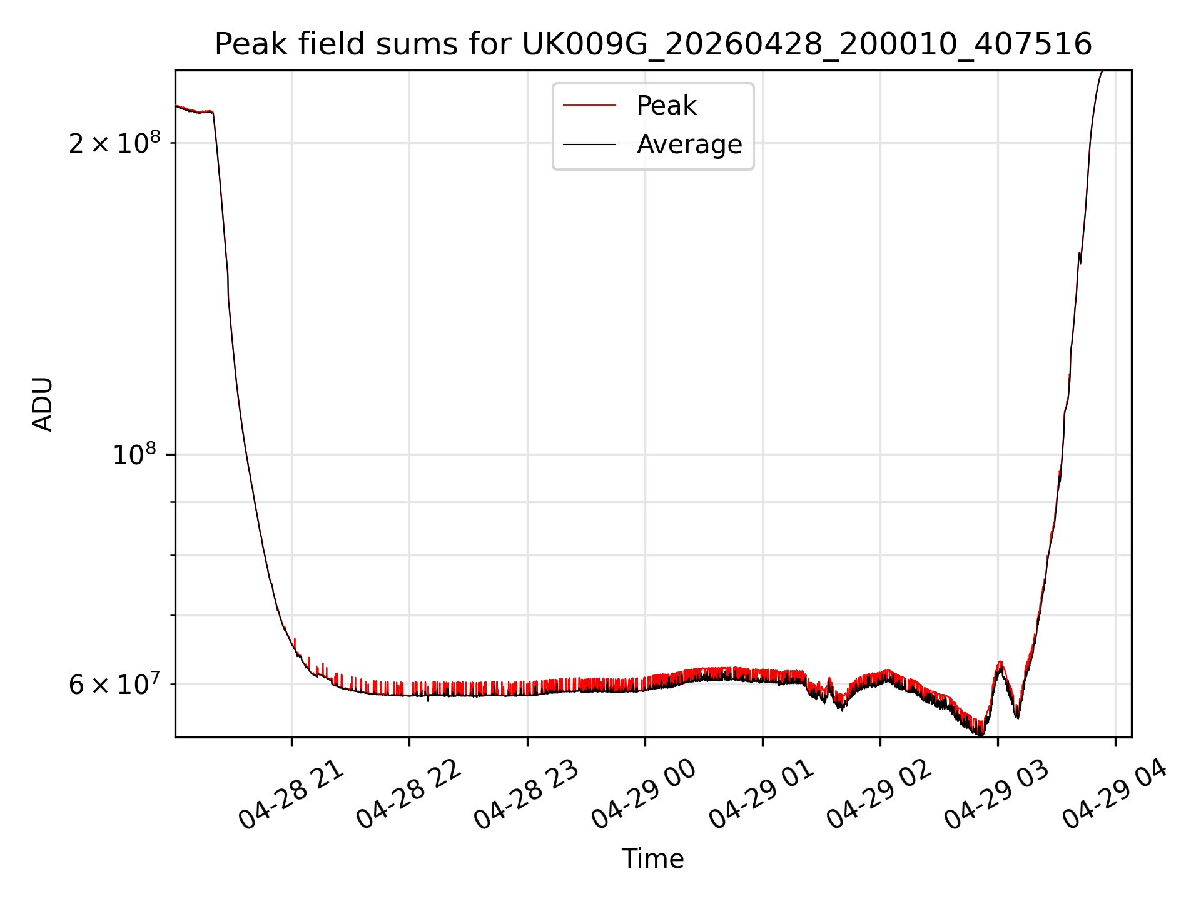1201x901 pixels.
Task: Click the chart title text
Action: point(653,44)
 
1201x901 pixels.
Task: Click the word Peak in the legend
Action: point(666,106)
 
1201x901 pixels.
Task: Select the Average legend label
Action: point(689,145)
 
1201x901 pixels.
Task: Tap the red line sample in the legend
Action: point(589,106)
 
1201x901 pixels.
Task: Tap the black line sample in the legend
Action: point(589,145)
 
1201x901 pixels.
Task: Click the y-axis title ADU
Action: point(43,404)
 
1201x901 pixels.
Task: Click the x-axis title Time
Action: point(653,859)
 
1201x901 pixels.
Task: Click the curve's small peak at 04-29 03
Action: point(1000,662)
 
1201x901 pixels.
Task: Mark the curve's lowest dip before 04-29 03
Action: point(981,735)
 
